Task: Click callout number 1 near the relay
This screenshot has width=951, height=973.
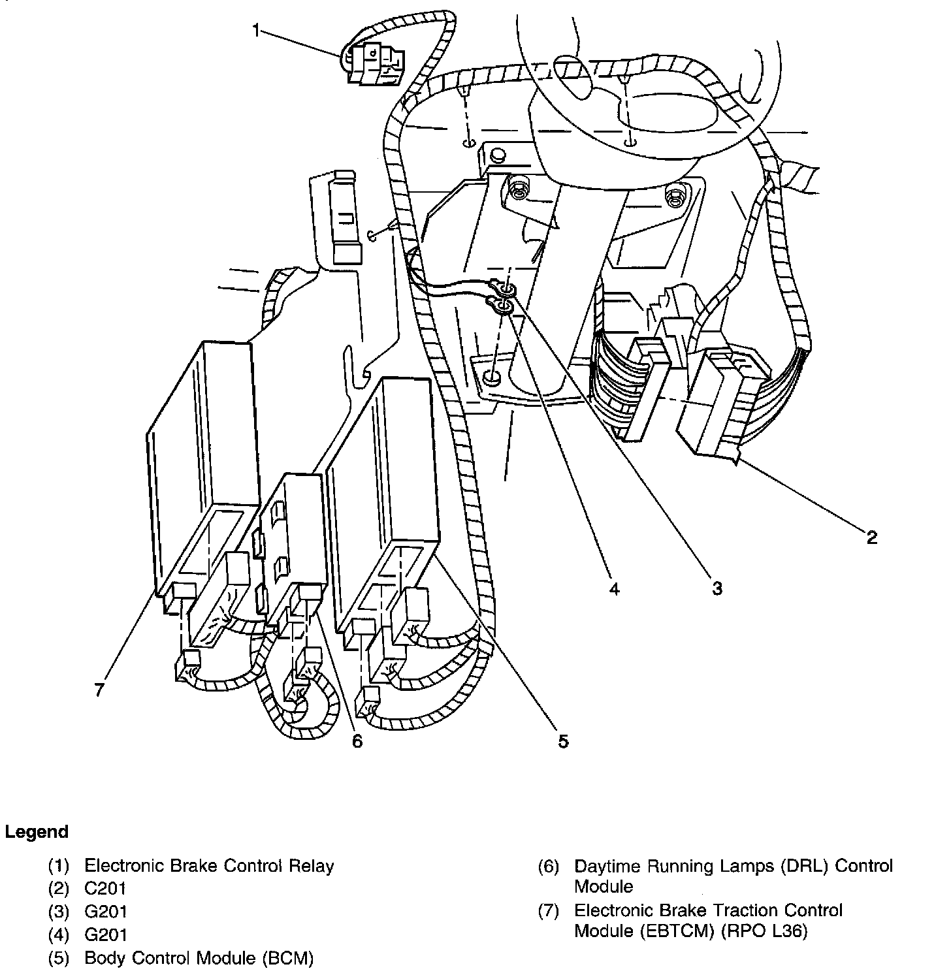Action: [257, 30]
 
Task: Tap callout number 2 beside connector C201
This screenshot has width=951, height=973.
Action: [871, 537]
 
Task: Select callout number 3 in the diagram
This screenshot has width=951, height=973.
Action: [717, 588]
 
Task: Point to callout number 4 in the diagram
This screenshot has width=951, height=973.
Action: [613, 588]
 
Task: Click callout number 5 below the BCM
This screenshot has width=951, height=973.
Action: [562, 741]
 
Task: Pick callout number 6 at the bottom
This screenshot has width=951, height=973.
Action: [357, 741]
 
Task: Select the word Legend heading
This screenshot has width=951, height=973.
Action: [37, 832]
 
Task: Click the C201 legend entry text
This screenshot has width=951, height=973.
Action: [105, 889]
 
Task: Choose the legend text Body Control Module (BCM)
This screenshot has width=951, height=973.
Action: [199, 959]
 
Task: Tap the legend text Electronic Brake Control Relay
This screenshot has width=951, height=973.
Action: [209, 866]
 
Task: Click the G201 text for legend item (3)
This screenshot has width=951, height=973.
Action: [106, 912]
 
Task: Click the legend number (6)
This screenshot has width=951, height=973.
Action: [549, 867]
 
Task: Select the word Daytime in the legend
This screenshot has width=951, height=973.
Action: [607, 867]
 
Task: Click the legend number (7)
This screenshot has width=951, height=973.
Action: [549, 911]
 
